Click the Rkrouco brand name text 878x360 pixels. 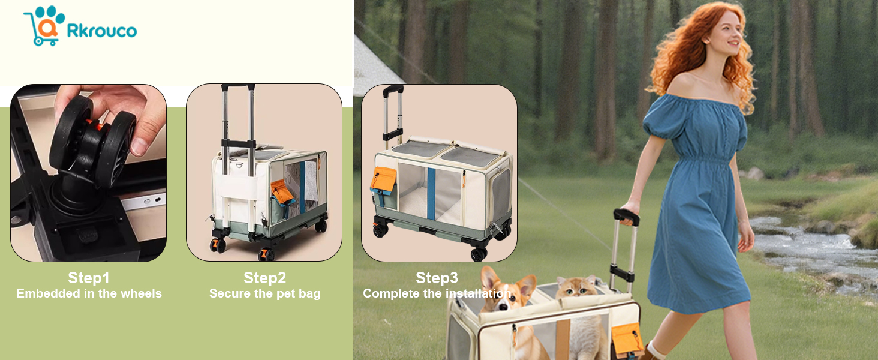click(101, 31)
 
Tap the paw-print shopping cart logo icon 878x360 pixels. click(44, 25)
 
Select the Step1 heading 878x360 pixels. click(89, 278)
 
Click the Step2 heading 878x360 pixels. click(264, 278)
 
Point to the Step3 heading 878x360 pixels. click(437, 278)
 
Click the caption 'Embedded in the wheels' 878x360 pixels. click(89, 293)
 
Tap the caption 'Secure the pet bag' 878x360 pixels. click(265, 293)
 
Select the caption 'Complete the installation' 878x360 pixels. click(437, 293)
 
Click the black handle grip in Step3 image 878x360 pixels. click(393, 91)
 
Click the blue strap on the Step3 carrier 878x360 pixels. click(431, 193)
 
